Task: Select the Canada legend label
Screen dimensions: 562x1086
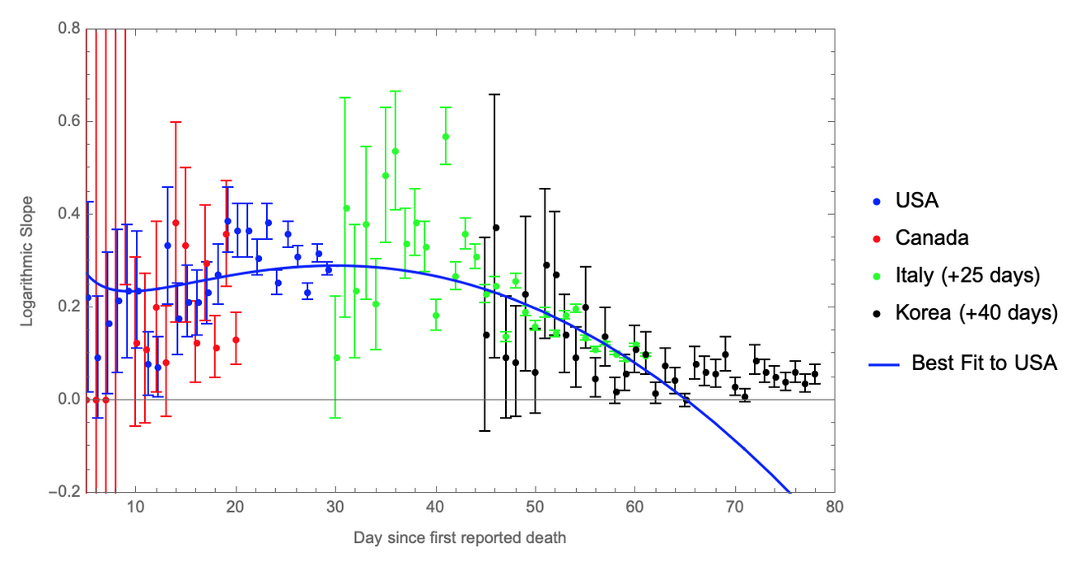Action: pos(931,238)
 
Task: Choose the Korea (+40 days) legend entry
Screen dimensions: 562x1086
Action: pos(975,313)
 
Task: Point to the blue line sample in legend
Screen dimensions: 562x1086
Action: pos(887,363)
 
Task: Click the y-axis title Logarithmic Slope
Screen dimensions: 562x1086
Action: pos(28,260)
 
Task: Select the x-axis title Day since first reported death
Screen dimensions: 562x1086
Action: pos(460,538)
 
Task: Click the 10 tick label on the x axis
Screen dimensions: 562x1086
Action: pos(136,507)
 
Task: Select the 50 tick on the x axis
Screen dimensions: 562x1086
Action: pos(536,507)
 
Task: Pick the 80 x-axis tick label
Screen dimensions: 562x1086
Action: pos(835,507)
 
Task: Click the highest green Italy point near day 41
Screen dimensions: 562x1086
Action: pos(446,137)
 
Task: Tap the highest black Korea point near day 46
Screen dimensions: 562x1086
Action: pos(496,227)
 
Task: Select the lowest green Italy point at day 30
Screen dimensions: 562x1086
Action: pos(336,358)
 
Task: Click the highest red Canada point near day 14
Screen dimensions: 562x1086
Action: pos(176,222)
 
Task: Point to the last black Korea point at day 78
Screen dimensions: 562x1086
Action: pos(815,374)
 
